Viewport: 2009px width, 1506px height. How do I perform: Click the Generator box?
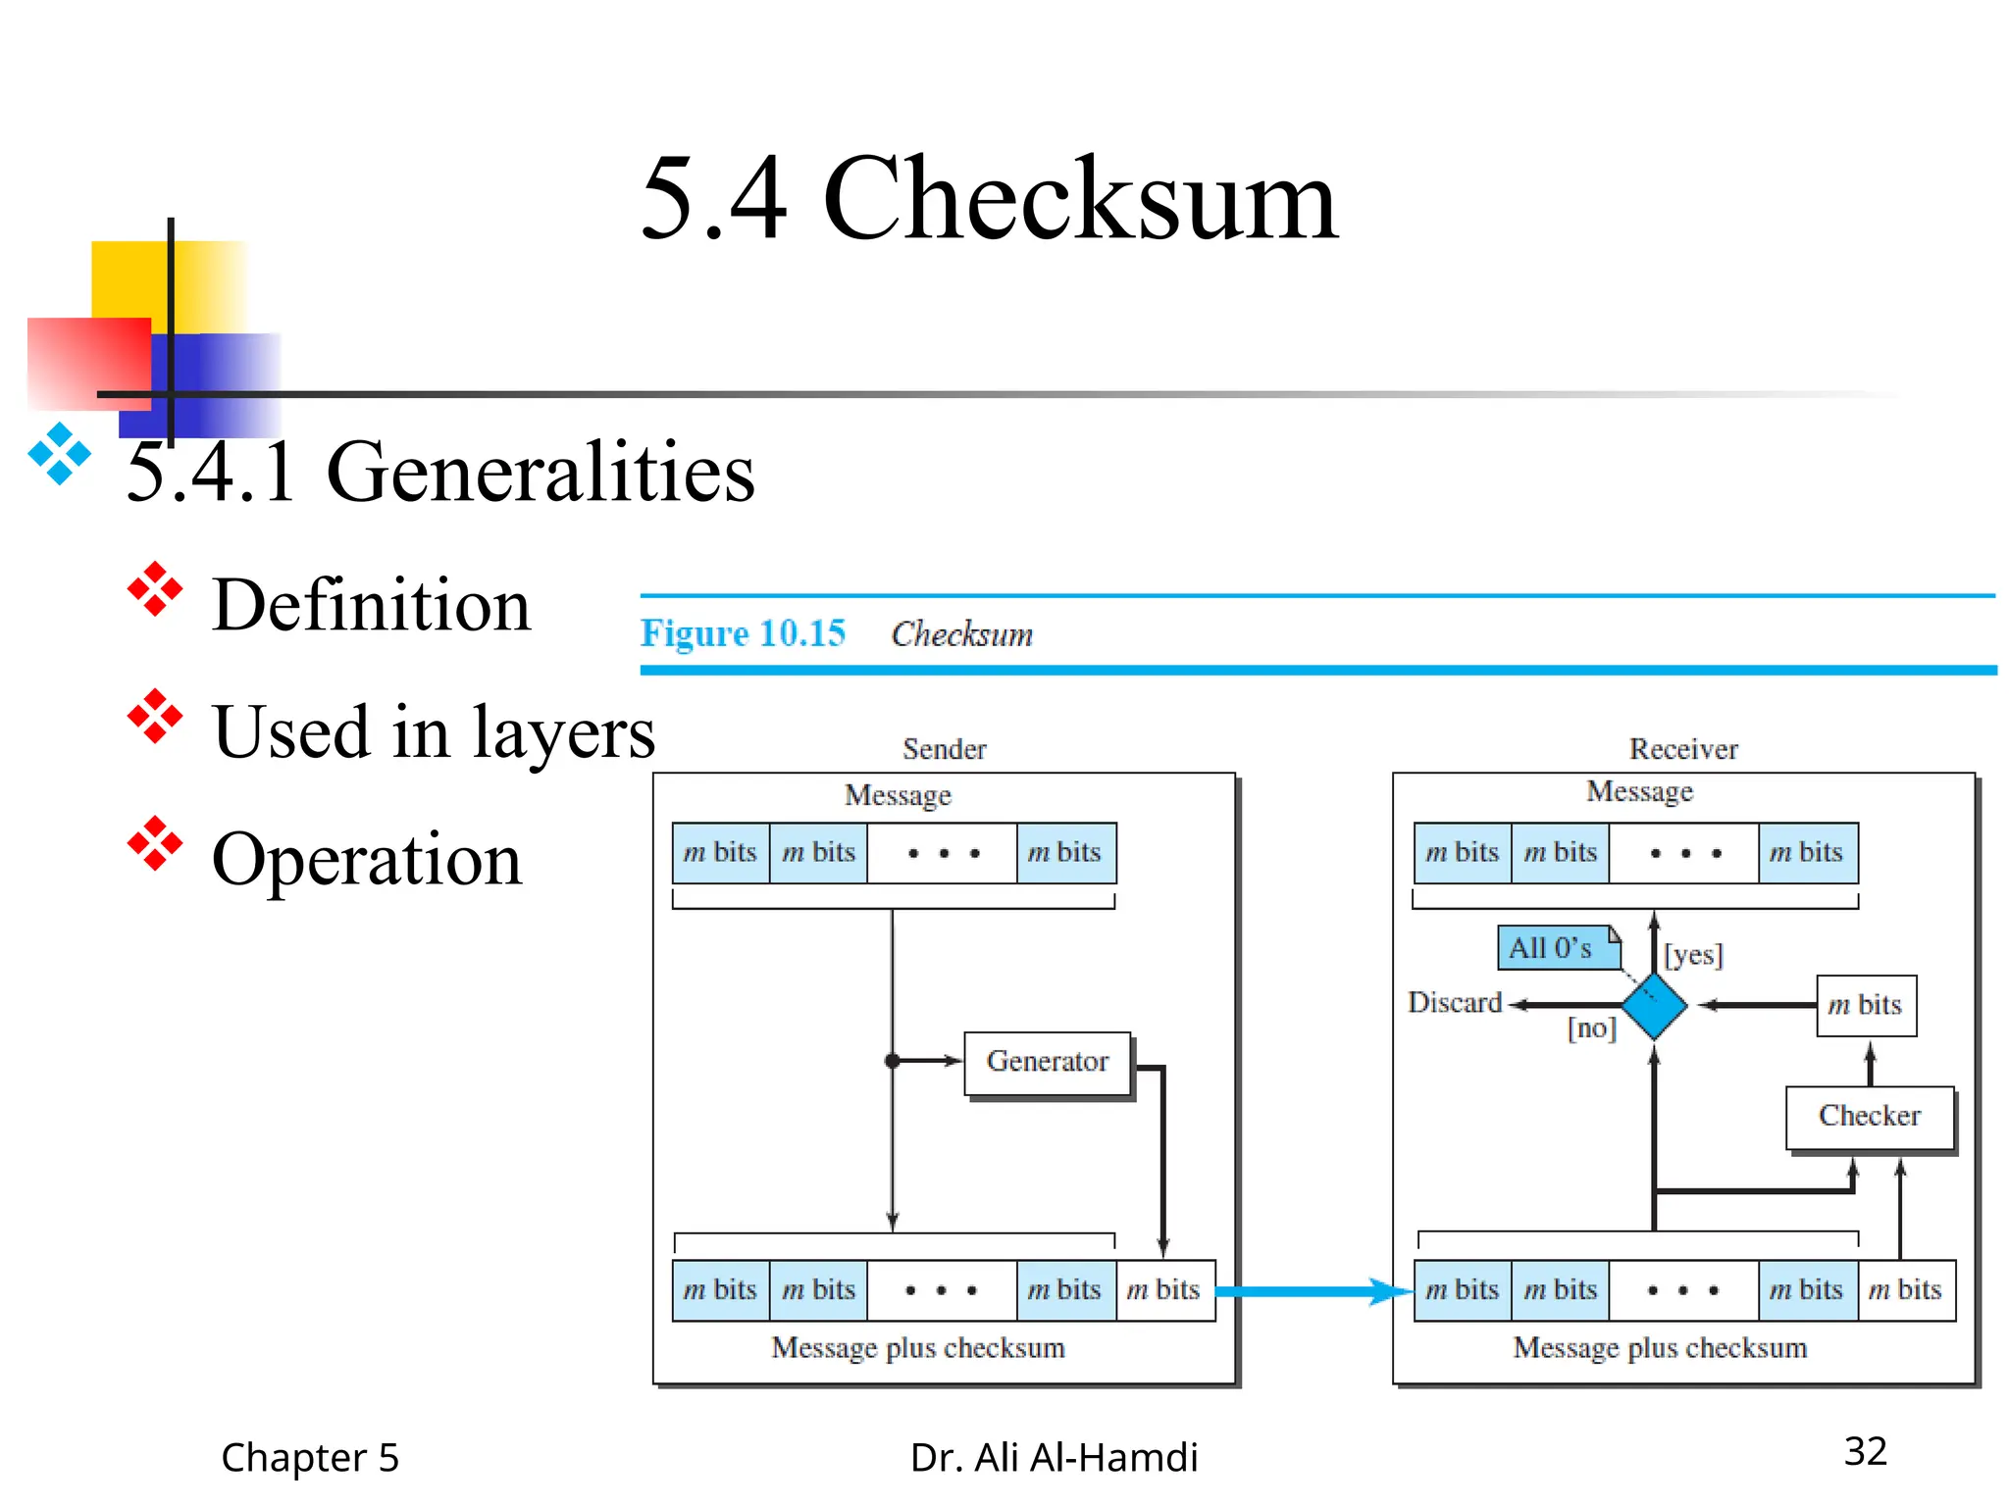[1047, 1062]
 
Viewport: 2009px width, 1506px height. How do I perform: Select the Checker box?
[1869, 1117]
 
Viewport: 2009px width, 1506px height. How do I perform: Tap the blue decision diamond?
[1654, 1005]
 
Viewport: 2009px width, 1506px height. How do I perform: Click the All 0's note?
[1554, 948]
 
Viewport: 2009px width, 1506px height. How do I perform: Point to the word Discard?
[1454, 1002]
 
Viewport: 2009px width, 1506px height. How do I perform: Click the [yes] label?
[1693, 954]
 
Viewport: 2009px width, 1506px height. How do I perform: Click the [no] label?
[1591, 1028]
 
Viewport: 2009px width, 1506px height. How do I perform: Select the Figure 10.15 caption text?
[743, 633]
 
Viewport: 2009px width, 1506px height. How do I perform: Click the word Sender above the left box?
[944, 749]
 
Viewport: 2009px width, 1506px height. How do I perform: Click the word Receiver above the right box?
[1683, 749]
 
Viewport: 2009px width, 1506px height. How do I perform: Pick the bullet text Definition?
[371, 605]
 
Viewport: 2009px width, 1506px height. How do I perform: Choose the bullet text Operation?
[367, 859]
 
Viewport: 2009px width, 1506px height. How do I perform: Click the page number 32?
[1865, 1451]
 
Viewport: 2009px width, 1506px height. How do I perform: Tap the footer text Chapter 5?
[310, 1458]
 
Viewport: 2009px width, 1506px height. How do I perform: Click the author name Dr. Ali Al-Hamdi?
[1054, 1458]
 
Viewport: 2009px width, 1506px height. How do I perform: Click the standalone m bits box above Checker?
[1866, 1005]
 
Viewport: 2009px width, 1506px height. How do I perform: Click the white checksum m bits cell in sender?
[1164, 1290]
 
